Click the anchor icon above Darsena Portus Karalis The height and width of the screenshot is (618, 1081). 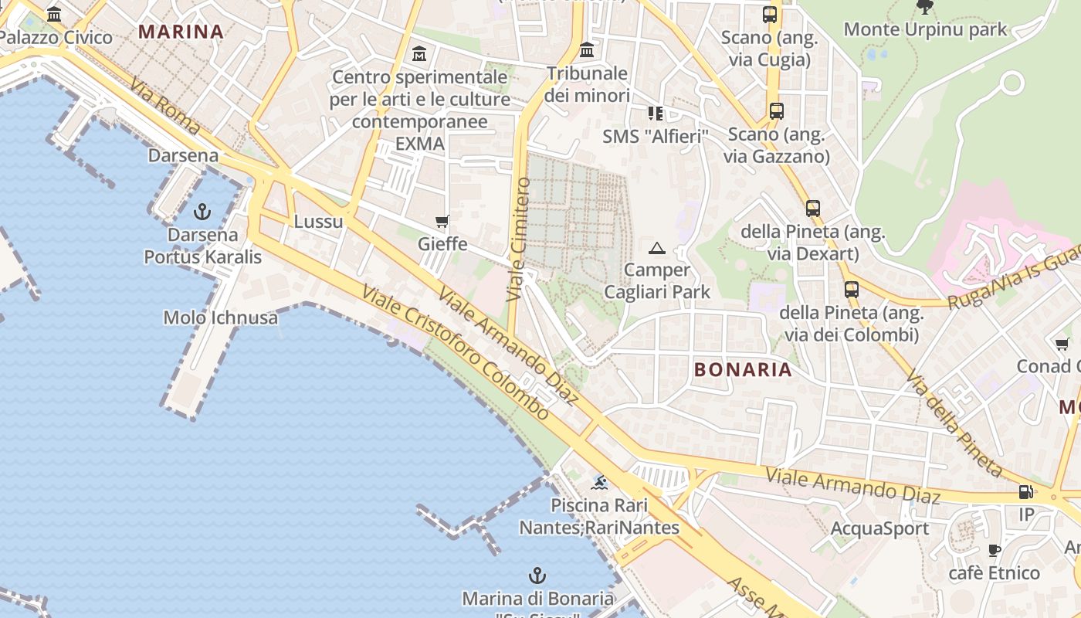pyautogui.click(x=202, y=210)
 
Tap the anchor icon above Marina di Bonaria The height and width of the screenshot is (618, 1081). pyautogui.click(x=537, y=576)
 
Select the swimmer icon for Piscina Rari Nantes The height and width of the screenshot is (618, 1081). pyautogui.click(x=599, y=484)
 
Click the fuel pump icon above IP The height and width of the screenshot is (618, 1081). pyautogui.click(x=1026, y=492)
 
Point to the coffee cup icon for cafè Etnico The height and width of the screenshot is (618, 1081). pyautogui.click(x=995, y=550)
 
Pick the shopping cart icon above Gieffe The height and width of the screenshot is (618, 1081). pyautogui.click(x=442, y=222)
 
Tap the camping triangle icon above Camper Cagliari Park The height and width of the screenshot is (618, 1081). pyautogui.click(x=657, y=248)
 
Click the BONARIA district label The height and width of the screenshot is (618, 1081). pyautogui.click(x=743, y=369)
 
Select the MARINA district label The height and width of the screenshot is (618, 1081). pyautogui.click(x=181, y=32)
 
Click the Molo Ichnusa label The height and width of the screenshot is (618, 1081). pyautogui.click(x=220, y=317)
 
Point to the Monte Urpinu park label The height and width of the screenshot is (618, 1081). pyautogui.click(x=925, y=29)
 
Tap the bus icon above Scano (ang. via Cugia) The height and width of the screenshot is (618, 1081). pyautogui.click(x=770, y=15)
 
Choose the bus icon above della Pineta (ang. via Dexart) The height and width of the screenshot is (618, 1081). pyautogui.click(x=813, y=209)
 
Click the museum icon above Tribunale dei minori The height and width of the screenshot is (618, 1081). pyautogui.click(x=587, y=50)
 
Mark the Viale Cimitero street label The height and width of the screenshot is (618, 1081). pyautogui.click(x=518, y=239)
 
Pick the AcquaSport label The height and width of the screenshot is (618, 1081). pyautogui.click(x=879, y=529)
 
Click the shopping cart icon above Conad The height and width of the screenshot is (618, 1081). pyautogui.click(x=1062, y=345)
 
